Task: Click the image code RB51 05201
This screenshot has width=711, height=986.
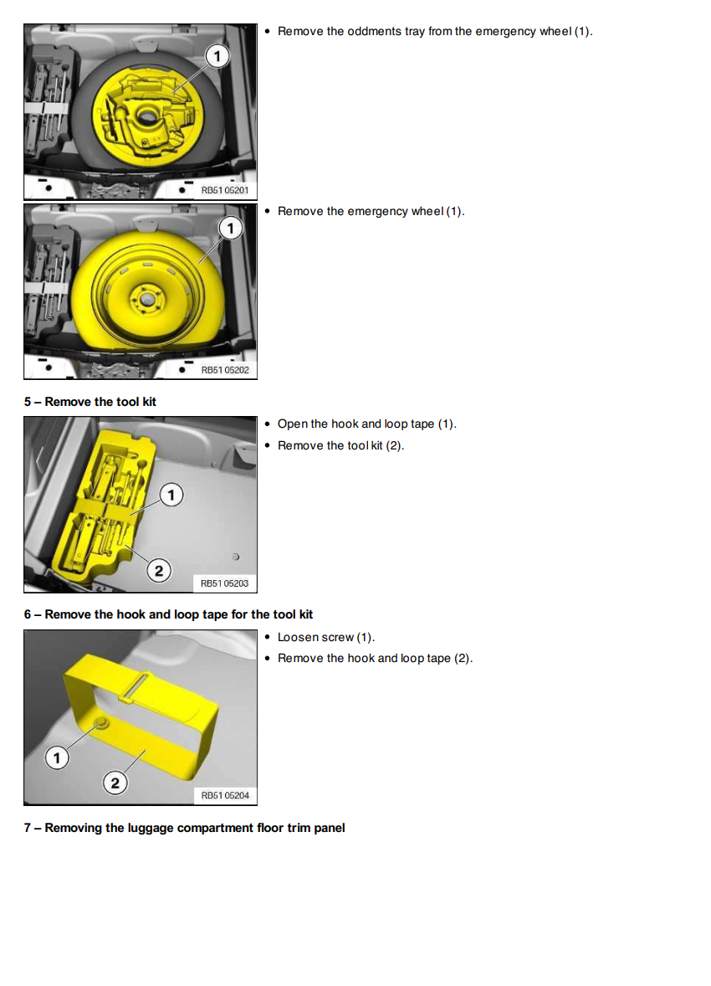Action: click(225, 190)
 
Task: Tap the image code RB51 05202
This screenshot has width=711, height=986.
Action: click(225, 370)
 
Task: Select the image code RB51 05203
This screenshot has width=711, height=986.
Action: click(224, 583)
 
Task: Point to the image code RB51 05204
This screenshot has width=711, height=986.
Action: click(225, 795)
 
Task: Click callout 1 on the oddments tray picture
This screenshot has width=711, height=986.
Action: click(217, 57)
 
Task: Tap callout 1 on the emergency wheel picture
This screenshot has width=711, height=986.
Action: click(230, 228)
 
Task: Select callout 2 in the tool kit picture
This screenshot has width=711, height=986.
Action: click(158, 570)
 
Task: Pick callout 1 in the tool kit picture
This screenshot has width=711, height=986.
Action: click(171, 495)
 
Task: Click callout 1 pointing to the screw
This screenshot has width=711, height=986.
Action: click(57, 757)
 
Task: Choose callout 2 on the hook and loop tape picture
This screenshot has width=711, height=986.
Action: click(115, 783)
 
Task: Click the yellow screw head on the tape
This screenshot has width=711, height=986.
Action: click(100, 722)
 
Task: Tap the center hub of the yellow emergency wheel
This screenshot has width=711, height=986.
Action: click(146, 298)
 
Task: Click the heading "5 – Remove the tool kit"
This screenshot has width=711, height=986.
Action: click(90, 402)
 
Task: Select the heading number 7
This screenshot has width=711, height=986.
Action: click(28, 828)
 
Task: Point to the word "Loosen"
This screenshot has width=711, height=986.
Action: click(297, 637)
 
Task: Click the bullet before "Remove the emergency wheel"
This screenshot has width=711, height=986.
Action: click(267, 211)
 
